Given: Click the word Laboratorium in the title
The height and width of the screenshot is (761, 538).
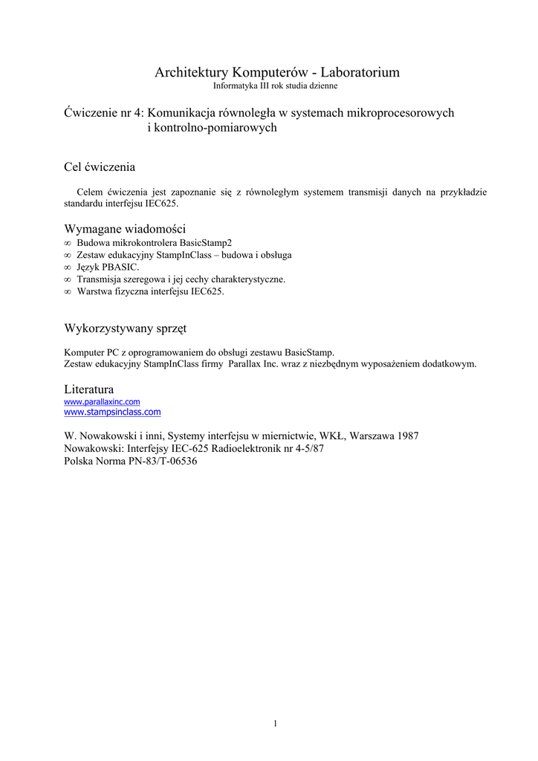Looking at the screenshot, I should (x=360, y=72).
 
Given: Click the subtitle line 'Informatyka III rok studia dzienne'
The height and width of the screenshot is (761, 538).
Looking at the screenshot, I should (x=276, y=86).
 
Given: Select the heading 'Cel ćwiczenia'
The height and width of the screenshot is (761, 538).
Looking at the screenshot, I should (x=100, y=166).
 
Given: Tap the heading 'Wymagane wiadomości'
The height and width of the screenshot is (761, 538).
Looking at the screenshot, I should (x=125, y=228).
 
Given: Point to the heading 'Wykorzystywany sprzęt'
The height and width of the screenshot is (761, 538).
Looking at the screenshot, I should (x=126, y=328).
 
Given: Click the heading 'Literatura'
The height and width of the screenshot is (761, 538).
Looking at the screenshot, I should (x=89, y=389).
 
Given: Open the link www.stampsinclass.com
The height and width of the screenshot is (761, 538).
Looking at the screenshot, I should (x=113, y=412).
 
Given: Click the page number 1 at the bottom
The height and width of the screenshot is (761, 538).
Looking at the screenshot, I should (x=275, y=723).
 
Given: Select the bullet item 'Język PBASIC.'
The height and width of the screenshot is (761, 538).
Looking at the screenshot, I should (x=108, y=267).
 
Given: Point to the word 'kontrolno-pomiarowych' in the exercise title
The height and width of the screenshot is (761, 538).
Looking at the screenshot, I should (x=213, y=128).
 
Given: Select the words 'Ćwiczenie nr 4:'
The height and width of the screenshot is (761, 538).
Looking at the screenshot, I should (x=104, y=113).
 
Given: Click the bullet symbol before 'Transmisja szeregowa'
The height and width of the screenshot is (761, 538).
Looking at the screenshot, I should (x=68, y=279).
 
